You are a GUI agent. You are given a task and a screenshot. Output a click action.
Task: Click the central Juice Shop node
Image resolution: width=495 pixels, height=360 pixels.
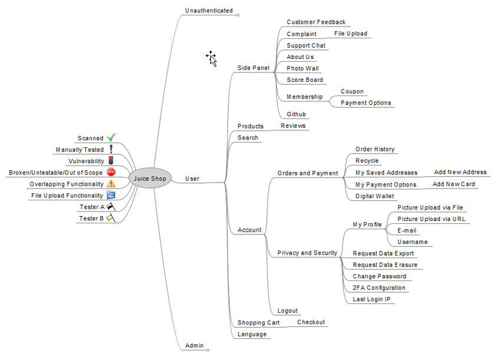(150, 179)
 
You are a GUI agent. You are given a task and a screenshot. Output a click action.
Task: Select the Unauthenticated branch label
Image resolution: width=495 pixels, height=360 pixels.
(209, 11)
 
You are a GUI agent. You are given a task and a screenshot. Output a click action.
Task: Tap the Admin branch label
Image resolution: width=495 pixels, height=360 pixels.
(194, 345)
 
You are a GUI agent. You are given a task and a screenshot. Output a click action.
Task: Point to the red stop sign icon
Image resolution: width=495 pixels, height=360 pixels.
(111, 173)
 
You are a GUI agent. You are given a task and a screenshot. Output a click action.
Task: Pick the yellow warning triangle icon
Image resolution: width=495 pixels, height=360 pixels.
(111, 184)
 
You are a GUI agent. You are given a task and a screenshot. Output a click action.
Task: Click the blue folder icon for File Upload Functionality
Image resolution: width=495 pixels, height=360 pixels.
(111, 195)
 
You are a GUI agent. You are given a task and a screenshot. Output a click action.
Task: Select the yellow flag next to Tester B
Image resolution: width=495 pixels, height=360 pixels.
(110, 218)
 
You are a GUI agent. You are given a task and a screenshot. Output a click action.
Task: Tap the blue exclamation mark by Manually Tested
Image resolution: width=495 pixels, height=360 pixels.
(111, 150)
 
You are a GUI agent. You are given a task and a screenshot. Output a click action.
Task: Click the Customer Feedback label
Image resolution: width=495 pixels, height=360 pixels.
(316, 22)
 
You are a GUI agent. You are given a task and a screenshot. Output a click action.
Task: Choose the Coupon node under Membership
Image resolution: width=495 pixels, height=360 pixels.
(352, 91)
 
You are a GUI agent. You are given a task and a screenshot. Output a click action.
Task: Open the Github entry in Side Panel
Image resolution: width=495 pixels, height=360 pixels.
(296, 114)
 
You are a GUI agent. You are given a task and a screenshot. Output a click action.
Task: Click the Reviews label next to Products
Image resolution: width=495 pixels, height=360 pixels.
(293, 126)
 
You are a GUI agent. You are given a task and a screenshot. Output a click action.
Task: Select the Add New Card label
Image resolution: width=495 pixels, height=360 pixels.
(453, 184)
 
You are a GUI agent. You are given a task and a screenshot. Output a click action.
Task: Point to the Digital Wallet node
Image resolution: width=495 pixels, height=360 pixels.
(375, 196)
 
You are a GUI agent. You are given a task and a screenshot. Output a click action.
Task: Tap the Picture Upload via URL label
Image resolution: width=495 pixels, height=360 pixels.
(431, 219)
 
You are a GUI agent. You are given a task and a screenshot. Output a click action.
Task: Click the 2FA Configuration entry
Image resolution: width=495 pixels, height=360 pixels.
(379, 288)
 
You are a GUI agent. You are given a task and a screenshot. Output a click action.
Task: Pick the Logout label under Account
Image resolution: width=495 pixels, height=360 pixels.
(288, 311)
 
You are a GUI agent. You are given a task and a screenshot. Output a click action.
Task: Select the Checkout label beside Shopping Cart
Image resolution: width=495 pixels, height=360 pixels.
(311, 322)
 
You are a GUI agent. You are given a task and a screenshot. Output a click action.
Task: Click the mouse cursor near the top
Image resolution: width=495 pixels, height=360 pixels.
(211, 58)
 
